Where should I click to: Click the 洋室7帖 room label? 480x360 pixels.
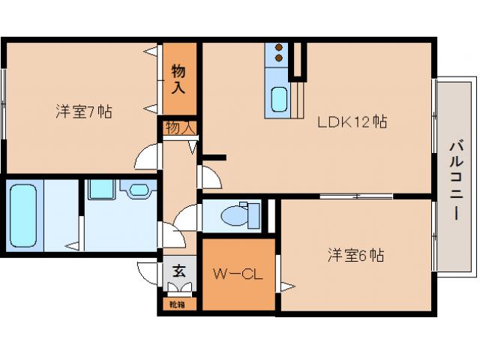pyautogui.click(x=84, y=112)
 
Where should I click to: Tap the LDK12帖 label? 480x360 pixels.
pyautogui.click(x=352, y=121)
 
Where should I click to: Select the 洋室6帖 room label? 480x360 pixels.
pyautogui.click(x=355, y=255)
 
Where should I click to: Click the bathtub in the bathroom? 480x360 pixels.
pyautogui.click(x=23, y=215)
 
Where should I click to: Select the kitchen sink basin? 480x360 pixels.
pyautogui.click(x=279, y=100)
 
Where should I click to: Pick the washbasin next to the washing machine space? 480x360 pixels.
pyautogui.click(x=139, y=190)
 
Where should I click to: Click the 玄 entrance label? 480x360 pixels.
pyautogui.click(x=180, y=271)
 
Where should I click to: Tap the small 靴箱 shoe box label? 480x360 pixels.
pyautogui.click(x=178, y=304)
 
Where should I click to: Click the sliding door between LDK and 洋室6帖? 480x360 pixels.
pyautogui.click(x=355, y=196)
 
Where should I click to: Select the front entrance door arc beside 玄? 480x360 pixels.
pyautogui.click(x=147, y=268)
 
